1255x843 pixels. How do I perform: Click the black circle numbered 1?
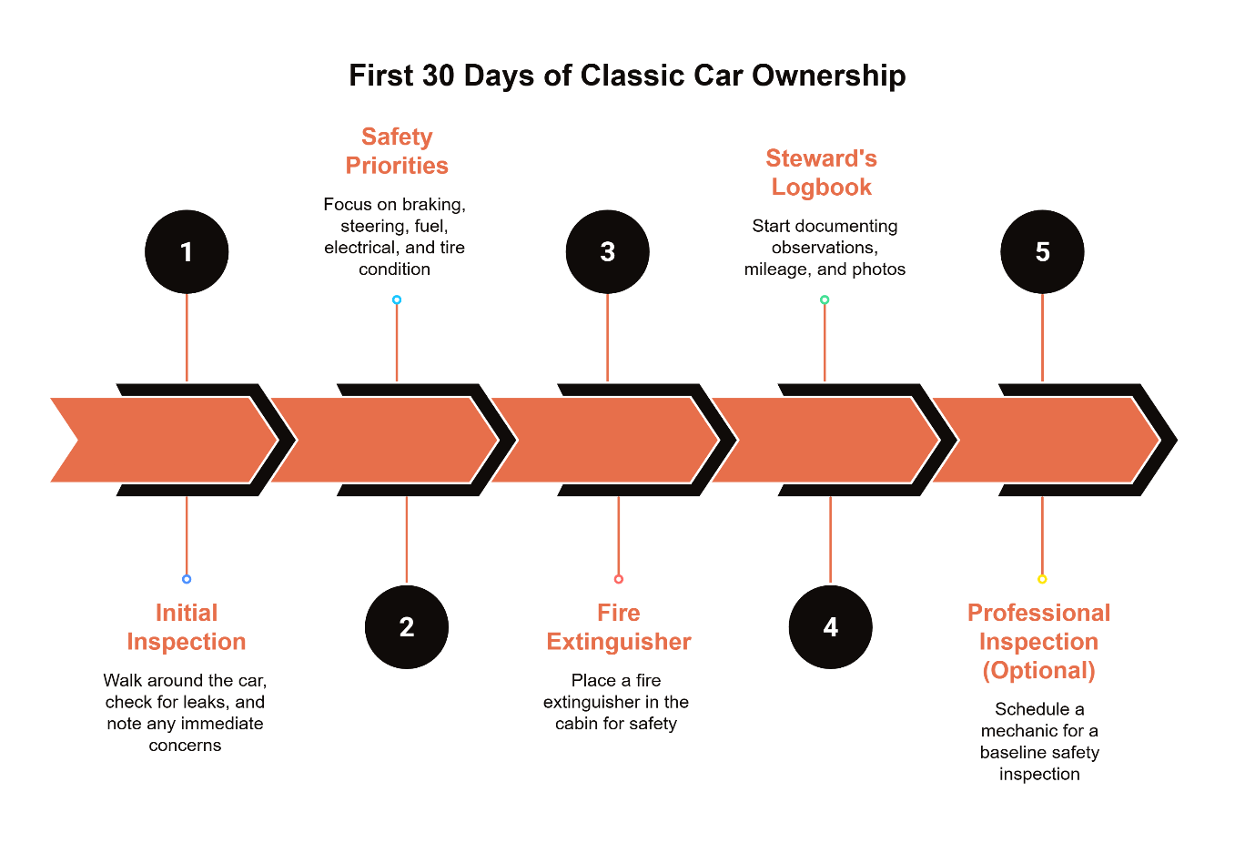pos(187,252)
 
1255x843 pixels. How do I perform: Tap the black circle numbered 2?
pos(407,627)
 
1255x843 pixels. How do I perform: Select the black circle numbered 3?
pos(607,252)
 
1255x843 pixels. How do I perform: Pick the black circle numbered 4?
pos(830,627)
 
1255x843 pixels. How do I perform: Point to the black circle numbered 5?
pos(1042,252)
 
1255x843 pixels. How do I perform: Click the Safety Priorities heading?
pos(397,151)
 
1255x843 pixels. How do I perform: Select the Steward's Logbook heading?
pos(821,173)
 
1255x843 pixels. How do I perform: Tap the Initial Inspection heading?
pos(187,627)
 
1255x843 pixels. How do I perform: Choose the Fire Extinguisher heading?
pos(619,627)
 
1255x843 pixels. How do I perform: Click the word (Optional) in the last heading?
pos(1038,671)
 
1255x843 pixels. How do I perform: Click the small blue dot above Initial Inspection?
pos(187,579)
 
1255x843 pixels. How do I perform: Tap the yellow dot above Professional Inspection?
pos(1042,579)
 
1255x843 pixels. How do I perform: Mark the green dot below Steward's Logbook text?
pos(825,300)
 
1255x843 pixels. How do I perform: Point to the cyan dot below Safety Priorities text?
pos(397,300)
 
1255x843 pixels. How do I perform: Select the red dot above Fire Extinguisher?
pos(619,579)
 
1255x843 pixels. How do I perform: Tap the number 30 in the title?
pos(438,76)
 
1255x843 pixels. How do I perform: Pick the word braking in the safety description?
pos(433,205)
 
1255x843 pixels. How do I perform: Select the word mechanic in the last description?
pos(1018,731)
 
